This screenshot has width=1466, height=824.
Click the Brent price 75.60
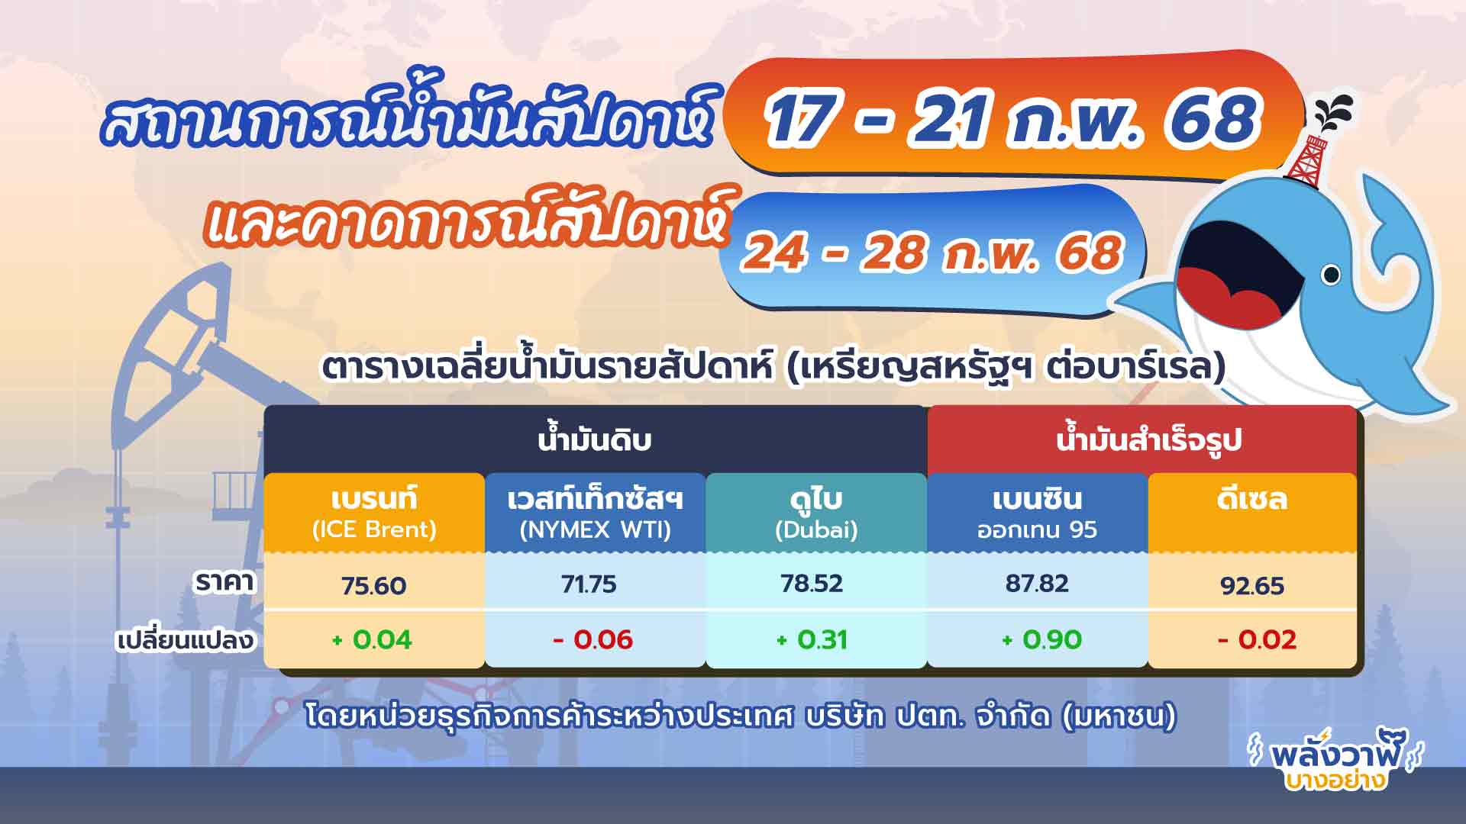pyautogui.click(x=374, y=586)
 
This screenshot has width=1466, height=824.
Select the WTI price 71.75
pyautogui.click(x=589, y=584)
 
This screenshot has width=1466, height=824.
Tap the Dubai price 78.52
pyautogui.click(x=812, y=584)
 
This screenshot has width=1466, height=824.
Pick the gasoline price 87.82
pyautogui.click(x=1037, y=584)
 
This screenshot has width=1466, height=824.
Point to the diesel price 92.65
pyautogui.click(x=1252, y=586)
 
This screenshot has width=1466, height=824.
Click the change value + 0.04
pyautogui.click(x=372, y=639)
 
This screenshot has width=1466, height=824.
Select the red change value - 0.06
pyautogui.click(x=593, y=639)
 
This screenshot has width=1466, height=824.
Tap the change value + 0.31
pyautogui.click(x=812, y=639)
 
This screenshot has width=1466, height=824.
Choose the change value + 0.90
pyautogui.click(x=1041, y=639)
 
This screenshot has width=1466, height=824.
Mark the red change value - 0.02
pyautogui.click(x=1257, y=639)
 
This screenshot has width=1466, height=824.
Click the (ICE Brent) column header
pyautogui.click(x=374, y=529)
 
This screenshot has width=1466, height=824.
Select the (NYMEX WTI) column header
pyautogui.click(x=595, y=529)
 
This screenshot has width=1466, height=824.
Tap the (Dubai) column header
pyautogui.click(x=816, y=529)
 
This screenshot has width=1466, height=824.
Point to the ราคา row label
pyautogui.click(x=224, y=582)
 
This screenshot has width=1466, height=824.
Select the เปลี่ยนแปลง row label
pyautogui.click(x=185, y=639)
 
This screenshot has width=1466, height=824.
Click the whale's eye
pyautogui.click(x=1330, y=274)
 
